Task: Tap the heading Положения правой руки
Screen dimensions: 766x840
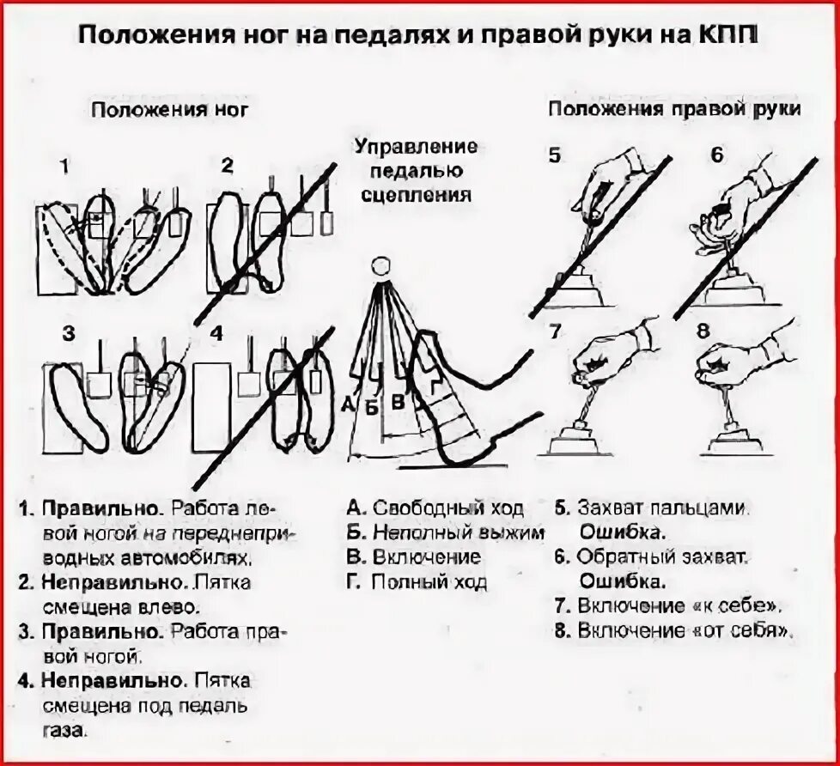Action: [675, 109]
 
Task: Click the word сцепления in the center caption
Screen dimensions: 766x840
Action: [416, 194]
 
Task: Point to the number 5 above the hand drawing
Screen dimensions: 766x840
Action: [555, 155]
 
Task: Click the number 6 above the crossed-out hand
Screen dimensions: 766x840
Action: [717, 155]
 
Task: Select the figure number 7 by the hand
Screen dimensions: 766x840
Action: [555, 330]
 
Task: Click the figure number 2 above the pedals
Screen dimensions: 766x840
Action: [227, 166]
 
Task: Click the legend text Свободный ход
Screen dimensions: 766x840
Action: [447, 508]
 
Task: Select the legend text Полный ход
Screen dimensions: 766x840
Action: [429, 582]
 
